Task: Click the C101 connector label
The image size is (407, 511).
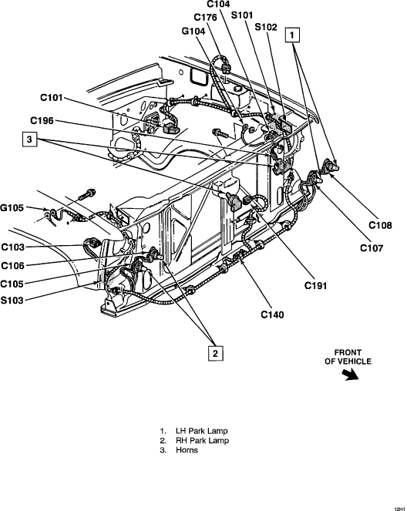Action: [51, 98]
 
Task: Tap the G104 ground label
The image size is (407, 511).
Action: [193, 31]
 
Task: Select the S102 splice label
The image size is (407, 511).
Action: [266, 27]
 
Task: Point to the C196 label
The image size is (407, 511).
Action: [42, 120]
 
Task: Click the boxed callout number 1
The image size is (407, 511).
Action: [292, 35]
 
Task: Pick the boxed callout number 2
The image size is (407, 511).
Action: [215, 353]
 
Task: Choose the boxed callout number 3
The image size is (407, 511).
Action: [29, 140]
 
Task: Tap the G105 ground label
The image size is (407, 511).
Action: [12, 207]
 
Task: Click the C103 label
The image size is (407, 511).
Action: [12, 247]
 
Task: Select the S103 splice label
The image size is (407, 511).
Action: [12, 300]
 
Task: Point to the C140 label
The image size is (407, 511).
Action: [272, 314]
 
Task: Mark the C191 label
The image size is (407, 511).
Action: [316, 285]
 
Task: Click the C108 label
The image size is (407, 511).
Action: [380, 225]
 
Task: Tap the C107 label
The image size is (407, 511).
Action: [372, 248]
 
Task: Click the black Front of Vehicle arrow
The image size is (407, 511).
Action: [350, 375]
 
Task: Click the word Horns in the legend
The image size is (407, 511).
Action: [187, 450]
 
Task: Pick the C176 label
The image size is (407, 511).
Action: [205, 17]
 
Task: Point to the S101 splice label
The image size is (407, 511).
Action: [242, 15]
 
